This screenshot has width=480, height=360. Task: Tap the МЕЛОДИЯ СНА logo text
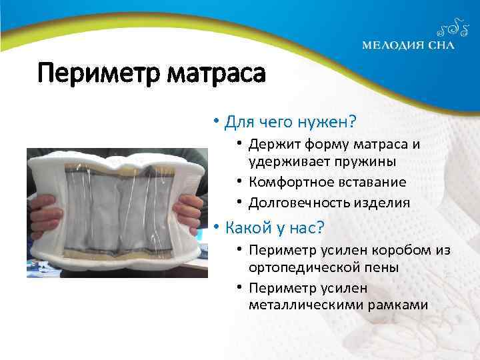pos(408,46)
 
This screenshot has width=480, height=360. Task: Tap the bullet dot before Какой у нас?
pos(216,228)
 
